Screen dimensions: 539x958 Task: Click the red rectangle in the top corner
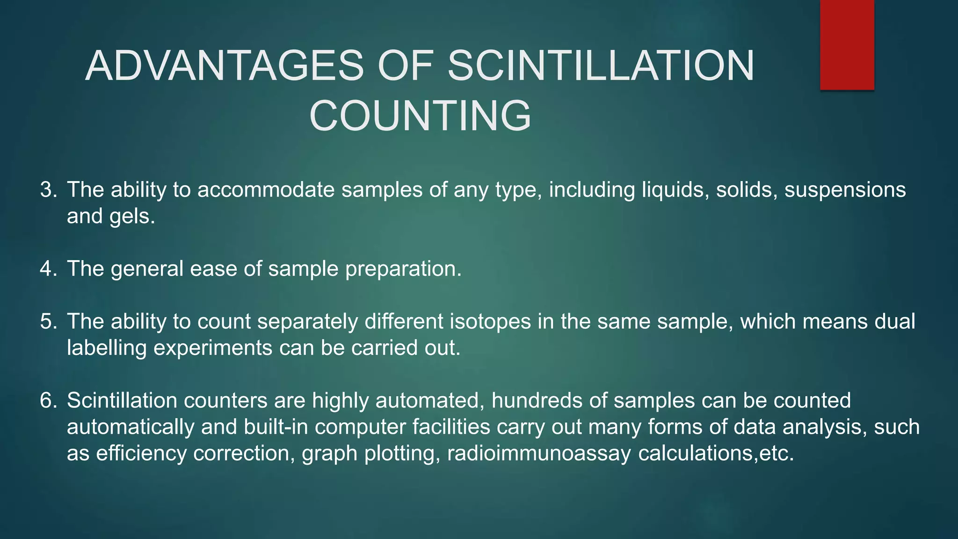[x=847, y=45]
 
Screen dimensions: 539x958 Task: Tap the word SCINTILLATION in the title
[x=601, y=66]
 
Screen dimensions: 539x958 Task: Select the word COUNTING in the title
[x=420, y=116]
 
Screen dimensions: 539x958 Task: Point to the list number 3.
[x=48, y=190]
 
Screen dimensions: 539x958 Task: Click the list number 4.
[x=48, y=269]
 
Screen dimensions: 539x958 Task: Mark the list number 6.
[x=48, y=401]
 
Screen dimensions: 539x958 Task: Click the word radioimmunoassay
[x=539, y=454]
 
